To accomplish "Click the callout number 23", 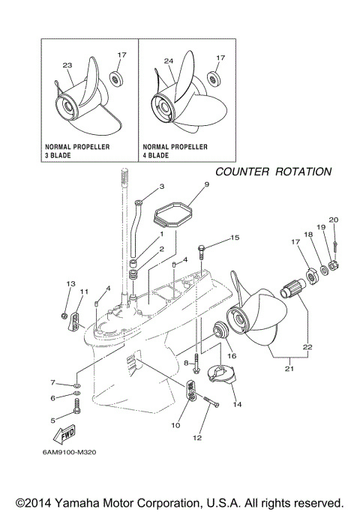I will pyautogui.click(x=69, y=65).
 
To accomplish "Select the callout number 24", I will pyautogui.click(x=168, y=61).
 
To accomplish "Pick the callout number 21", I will pyautogui.click(x=288, y=369).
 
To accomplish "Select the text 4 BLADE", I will pyautogui.click(x=154, y=157).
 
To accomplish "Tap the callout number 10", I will pyautogui.click(x=175, y=424).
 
